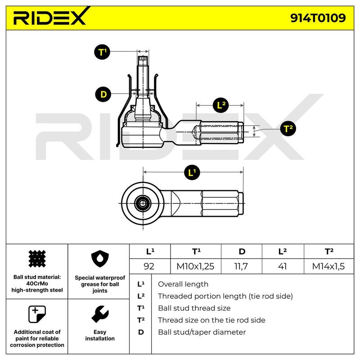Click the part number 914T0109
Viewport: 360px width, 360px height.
[318, 18]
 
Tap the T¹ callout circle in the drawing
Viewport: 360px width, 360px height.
[102, 52]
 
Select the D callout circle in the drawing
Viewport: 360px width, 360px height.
[103, 94]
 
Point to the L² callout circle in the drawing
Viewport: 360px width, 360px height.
[221, 105]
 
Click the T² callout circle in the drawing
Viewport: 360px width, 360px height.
[288, 128]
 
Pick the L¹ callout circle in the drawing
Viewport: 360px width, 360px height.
[192, 172]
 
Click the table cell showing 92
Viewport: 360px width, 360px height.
[149, 266]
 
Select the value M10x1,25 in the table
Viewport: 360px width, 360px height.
[195, 266]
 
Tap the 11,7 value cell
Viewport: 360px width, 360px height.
[241, 266]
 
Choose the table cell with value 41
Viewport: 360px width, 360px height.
[283, 266]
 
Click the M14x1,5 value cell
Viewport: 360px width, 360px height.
[328, 266]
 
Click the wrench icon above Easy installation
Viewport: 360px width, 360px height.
[100, 314]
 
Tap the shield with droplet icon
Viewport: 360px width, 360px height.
[100, 259]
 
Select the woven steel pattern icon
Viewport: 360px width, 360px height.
[37, 259]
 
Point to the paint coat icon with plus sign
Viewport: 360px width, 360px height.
[37, 314]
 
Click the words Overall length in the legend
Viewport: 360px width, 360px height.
[183, 284]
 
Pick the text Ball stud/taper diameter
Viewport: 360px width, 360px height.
[202, 332]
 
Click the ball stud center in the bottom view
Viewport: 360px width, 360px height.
[143, 203]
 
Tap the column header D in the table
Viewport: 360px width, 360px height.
[242, 252]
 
